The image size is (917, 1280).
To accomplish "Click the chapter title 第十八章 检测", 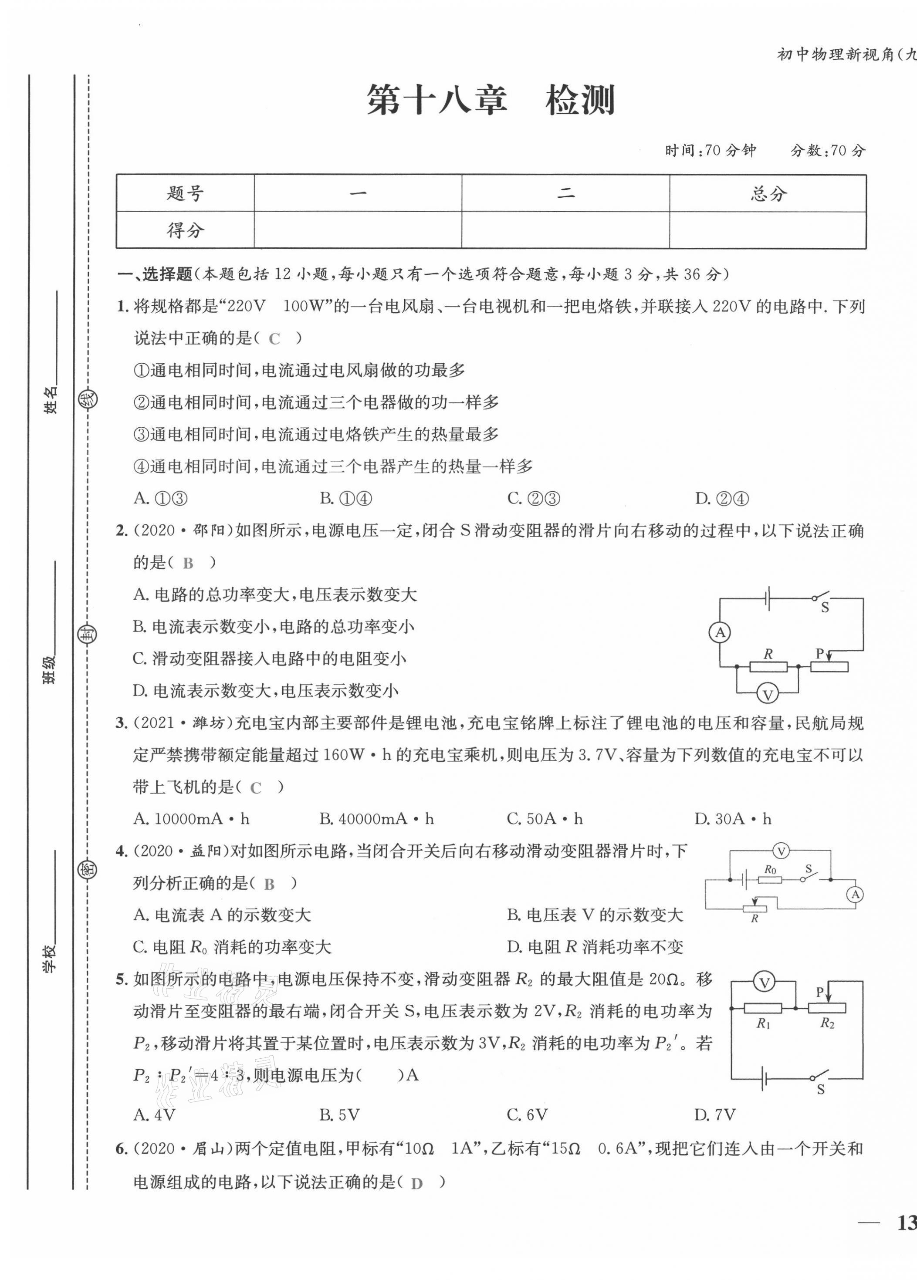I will point(490,101).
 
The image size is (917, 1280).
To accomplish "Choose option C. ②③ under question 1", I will point(534,498).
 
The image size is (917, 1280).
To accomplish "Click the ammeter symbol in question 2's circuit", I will point(720,633).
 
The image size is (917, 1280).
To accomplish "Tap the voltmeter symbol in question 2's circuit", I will point(768,695).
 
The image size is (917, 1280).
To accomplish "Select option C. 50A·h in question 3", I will point(545,819).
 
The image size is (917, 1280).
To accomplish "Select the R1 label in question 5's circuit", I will point(763,1023).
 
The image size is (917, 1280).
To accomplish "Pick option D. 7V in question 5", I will point(715,1115).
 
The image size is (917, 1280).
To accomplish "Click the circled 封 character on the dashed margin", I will point(87,635).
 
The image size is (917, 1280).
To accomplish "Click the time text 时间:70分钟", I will point(711,150).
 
